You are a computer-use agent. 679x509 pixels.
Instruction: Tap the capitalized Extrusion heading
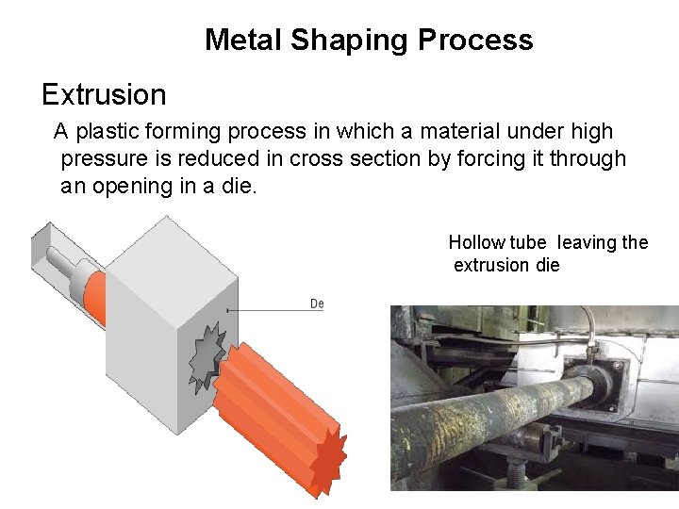pos(104,94)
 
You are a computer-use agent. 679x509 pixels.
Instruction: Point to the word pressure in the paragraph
pos(101,158)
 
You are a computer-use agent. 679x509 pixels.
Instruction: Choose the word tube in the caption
pos(528,242)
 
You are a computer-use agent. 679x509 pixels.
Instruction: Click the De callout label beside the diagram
pos(317,304)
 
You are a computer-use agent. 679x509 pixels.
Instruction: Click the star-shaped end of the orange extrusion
pos(328,460)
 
